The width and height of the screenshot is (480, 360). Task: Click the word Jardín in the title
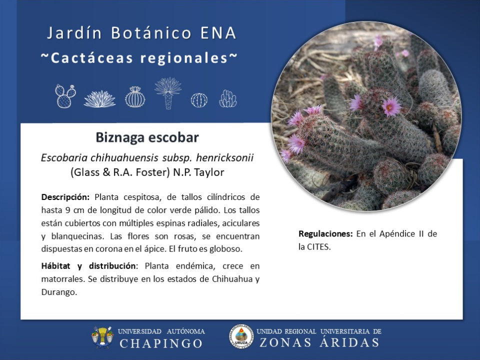click(x=74, y=33)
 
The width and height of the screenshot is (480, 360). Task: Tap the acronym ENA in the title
click(x=218, y=33)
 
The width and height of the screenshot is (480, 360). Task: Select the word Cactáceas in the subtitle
click(x=91, y=58)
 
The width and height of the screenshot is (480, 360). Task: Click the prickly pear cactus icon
click(x=65, y=96)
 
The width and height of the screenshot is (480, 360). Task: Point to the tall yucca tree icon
click(x=168, y=93)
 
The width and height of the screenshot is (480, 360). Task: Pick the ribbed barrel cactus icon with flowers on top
click(x=135, y=96)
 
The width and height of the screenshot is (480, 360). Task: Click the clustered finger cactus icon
click(x=228, y=98)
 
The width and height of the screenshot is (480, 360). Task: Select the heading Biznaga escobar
click(x=147, y=137)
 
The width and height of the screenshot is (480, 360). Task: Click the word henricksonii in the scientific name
click(x=225, y=157)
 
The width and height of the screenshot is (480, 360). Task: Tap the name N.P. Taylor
click(x=198, y=172)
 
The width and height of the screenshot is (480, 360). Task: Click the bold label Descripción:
click(x=65, y=197)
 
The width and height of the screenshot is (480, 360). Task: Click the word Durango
click(x=59, y=292)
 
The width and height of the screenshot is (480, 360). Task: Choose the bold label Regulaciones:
click(x=325, y=234)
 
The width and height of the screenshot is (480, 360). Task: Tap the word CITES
click(x=318, y=247)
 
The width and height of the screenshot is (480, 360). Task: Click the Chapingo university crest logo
click(x=102, y=337)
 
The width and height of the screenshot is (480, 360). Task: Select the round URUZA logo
click(x=241, y=336)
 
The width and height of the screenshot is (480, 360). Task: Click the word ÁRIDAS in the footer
click(x=349, y=342)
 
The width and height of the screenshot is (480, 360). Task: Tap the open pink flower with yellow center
click(x=390, y=106)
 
